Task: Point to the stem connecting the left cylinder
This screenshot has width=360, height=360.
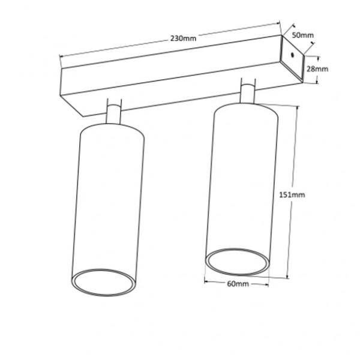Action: tap(113, 114)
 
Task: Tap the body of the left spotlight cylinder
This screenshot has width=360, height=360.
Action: tap(111, 198)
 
